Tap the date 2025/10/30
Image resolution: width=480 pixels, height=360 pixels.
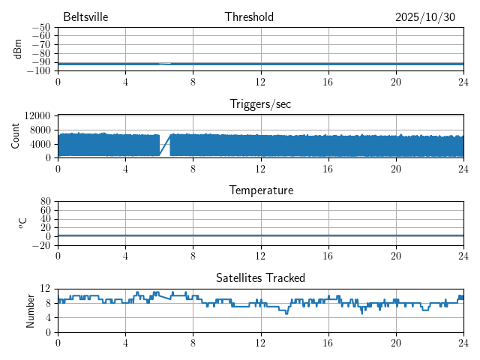pos(424,17)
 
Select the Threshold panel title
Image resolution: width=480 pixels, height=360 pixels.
pos(249,17)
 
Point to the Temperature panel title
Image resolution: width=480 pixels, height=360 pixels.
pos(260,191)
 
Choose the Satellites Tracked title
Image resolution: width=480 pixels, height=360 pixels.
pos(260,278)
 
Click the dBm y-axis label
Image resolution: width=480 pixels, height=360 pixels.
pos(17,49)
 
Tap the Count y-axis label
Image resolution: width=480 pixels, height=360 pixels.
pos(16,136)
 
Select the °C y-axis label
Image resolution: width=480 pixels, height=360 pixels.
pos(23,223)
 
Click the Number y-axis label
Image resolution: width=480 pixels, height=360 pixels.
pos(31,310)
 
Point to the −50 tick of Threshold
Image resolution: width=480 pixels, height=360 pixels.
pos(40,27)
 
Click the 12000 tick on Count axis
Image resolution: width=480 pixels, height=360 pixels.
pos(37,116)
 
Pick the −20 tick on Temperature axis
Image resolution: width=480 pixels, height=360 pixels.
pos(40,245)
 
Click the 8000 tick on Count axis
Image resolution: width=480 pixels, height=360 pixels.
pos(40,130)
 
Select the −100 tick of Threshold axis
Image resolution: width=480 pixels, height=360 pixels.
pos(38,70)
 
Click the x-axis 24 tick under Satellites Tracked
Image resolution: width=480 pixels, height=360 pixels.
pos(463,342)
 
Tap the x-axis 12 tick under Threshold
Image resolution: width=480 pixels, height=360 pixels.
pos(260,81)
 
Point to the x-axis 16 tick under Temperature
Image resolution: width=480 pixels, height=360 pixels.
pos(328,255)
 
